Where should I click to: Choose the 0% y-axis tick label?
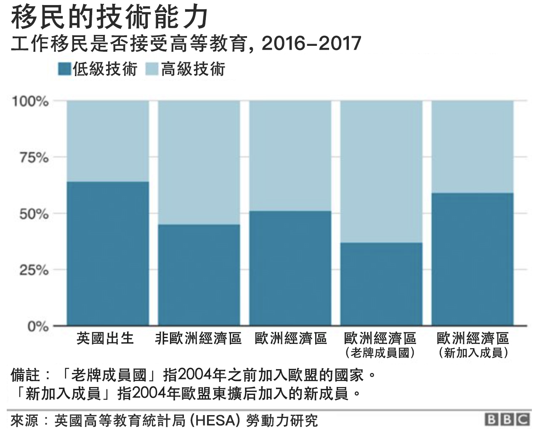38,326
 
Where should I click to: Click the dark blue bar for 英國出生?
108,253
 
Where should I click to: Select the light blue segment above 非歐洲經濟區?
199,162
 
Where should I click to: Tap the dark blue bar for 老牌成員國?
381,284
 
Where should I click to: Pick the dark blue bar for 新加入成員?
473,259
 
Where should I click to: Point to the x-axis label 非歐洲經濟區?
198,339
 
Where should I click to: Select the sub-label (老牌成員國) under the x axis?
380,353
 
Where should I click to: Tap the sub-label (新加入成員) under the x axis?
473,353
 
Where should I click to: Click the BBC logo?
507,419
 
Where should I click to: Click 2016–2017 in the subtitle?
311,44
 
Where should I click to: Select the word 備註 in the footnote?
26,374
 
